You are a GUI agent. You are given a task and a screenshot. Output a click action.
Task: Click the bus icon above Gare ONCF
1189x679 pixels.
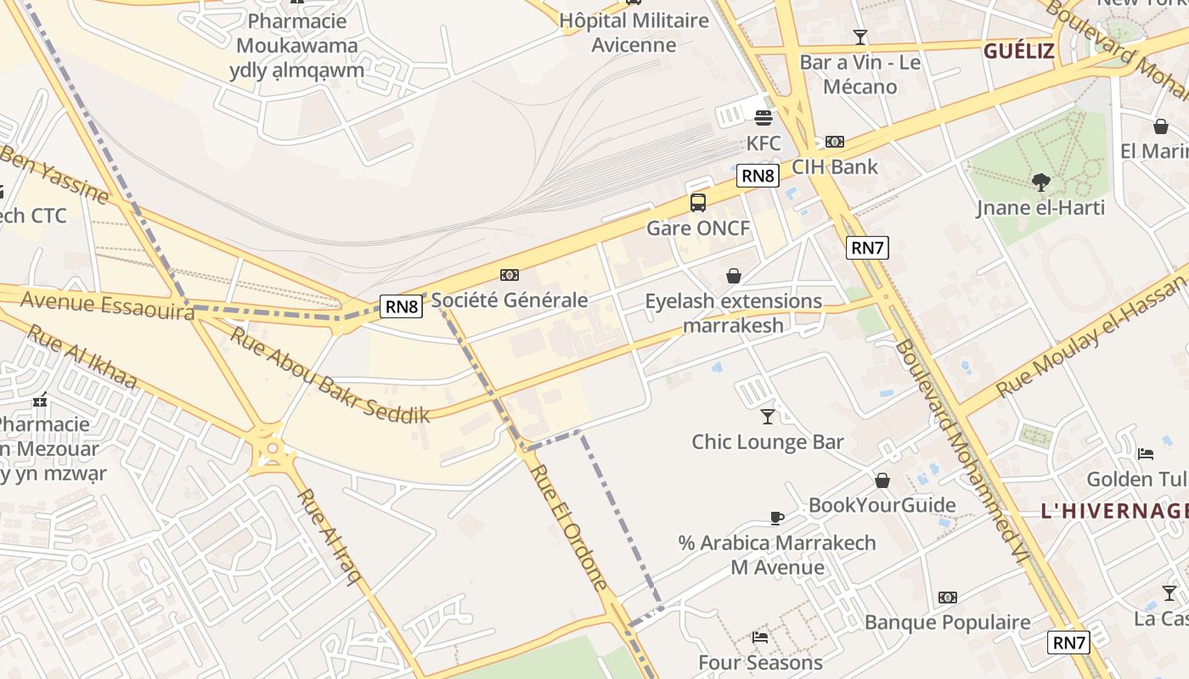tap(697, 203)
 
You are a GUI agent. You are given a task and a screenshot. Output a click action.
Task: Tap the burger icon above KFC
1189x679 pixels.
tap(763, 118)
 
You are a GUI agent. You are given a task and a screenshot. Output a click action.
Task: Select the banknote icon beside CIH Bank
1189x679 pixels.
tap(834, 142)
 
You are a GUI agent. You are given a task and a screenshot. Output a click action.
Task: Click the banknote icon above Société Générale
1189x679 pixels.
tap(509, 274)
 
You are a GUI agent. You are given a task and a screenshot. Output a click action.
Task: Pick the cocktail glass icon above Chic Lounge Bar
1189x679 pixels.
tap(768, 416)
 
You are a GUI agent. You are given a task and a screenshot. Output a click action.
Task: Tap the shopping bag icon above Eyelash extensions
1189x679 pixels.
tap(733, 276)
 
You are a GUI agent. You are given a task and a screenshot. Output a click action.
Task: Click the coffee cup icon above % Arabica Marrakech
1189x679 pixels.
tap(776, 518)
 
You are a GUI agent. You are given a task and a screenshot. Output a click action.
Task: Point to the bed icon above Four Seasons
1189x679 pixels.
tap(760, 637)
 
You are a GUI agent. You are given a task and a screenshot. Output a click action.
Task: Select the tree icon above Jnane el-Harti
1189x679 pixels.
tap(1040, 182)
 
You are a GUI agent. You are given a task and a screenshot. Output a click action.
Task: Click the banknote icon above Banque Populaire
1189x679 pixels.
tap(947, 598)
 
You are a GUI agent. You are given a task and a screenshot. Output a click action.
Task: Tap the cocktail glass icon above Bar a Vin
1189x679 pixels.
tap(859, 37)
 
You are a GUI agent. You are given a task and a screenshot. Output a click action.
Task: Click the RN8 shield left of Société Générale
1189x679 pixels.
tap(401, 306)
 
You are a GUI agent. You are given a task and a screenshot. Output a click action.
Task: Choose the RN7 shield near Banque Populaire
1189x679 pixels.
tap(1068, 643)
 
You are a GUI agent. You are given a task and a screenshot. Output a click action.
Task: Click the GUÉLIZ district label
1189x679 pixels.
tap(1019, 51)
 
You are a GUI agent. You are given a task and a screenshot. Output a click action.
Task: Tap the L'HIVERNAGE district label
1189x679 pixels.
tap(1113, 511)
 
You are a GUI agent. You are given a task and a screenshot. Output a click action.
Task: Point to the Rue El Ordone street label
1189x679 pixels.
tap(569, 527)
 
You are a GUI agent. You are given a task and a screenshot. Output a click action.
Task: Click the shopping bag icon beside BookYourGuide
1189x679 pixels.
tap(882, 480)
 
